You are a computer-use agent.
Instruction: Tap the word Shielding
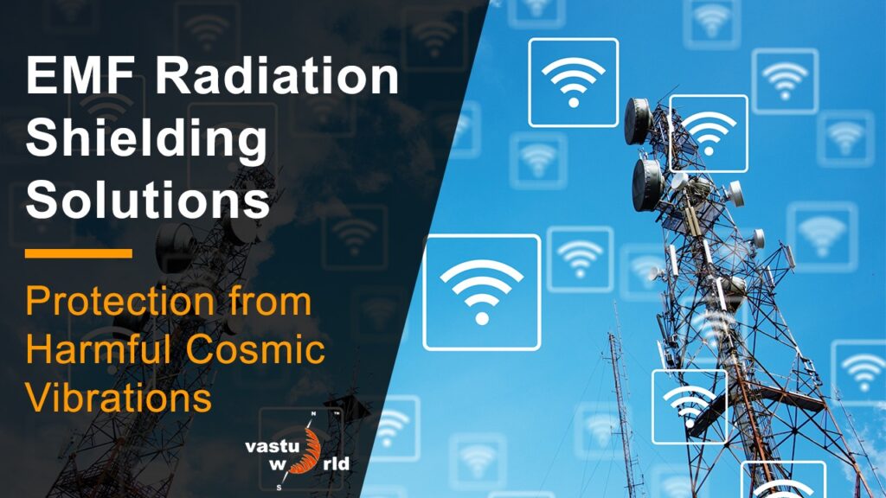[146, 140]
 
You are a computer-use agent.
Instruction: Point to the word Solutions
[147, 200]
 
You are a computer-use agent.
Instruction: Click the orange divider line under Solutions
[79, 253]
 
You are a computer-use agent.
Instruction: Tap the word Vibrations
[119, 398]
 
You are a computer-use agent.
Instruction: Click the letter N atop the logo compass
[312, 416]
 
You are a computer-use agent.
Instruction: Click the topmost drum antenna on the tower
[639, 120]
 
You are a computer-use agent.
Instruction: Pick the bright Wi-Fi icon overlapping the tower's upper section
[709, 133]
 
